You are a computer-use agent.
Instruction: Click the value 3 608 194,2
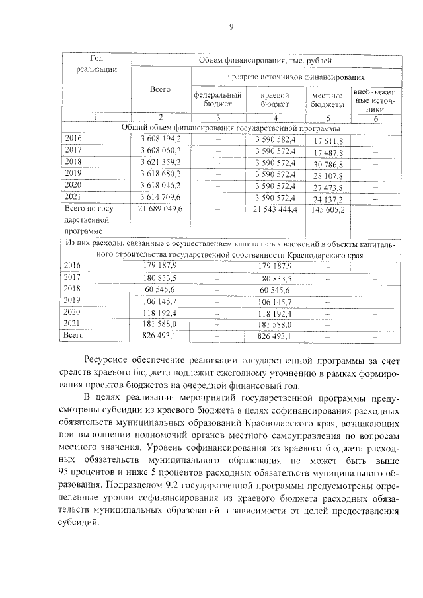pyautogui.click(x=161, y=139)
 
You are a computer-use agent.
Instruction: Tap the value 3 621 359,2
pyautogui.click(x=161, y=162)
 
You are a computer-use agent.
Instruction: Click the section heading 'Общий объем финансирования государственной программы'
pyautogui.click(x=231, y=128)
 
